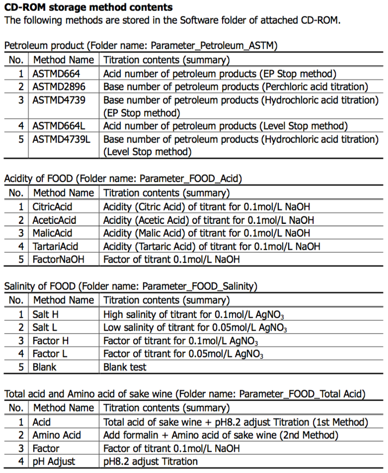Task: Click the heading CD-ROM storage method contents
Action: (x=88, y=8)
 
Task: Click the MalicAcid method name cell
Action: (x=52, y=233)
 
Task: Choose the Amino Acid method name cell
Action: (x=57, y=435)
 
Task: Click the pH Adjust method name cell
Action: (x=54, y=461)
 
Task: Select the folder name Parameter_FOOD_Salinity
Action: (x=199, y=286)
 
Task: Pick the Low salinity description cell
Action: (x=195, y=328)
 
